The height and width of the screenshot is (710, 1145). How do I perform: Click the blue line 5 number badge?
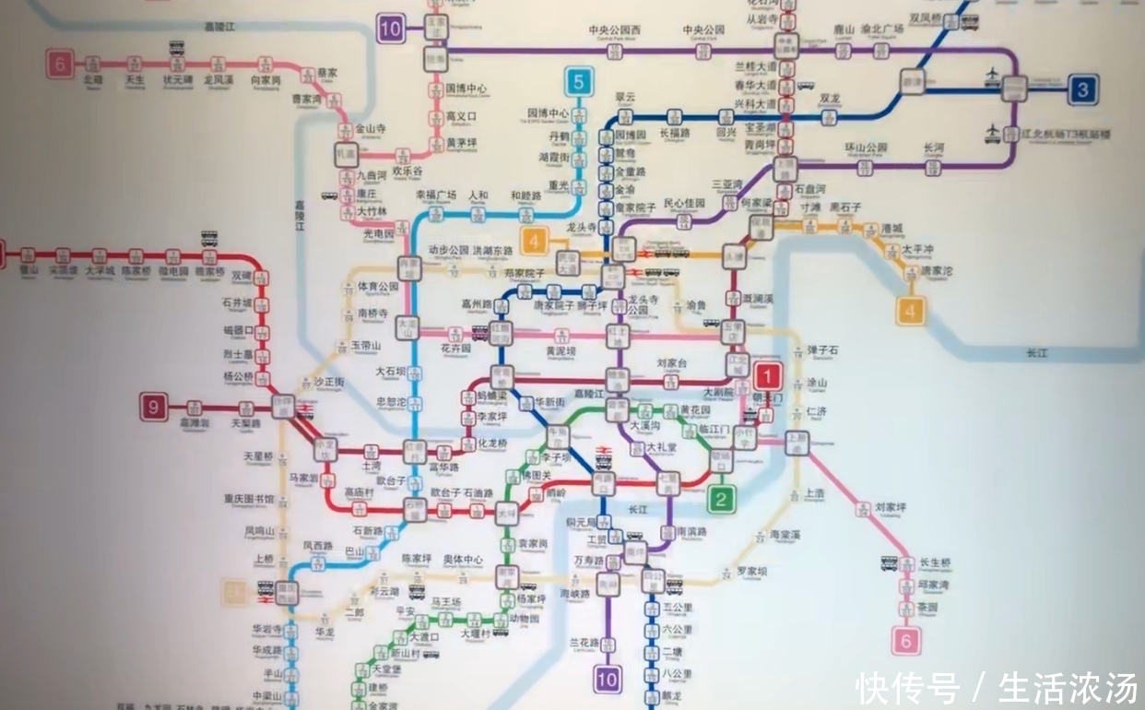click(578, 81)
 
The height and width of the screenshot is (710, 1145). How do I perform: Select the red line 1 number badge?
click(768, 376)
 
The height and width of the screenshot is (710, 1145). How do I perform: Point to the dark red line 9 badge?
click(154, 407)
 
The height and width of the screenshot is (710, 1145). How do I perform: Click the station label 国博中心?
click(466, 89)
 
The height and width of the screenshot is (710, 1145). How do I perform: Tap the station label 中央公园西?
click(613, 30)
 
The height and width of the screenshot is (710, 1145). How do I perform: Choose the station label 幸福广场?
click(436, 195)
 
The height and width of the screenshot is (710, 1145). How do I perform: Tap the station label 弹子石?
click(823, 351)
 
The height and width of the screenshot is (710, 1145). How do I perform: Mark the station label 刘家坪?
click(891, 507)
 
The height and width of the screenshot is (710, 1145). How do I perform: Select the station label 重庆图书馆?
click(248, 499)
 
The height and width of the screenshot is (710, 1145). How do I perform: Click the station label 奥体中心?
click(462, 560)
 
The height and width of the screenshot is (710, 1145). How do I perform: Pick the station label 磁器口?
click(238, 329)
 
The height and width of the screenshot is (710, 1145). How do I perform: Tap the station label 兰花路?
click(584, 642)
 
